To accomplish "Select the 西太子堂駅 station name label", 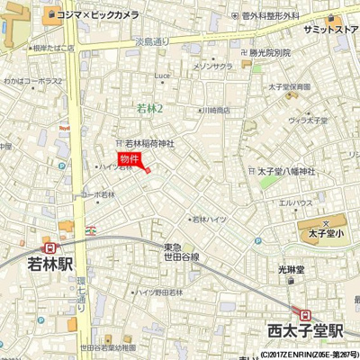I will coord(304,331).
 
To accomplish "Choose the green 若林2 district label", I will coord(148,108).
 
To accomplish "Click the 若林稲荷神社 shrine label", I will coord(149,143).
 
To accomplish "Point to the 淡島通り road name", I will coord(152,40).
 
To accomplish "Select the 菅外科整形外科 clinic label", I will coord(270,15).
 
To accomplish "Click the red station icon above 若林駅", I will coord(43,247).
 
